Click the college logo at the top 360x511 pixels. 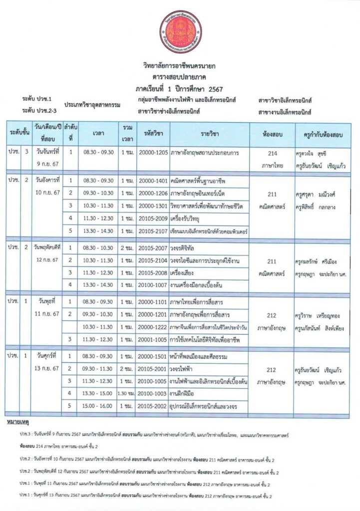click(182, 34)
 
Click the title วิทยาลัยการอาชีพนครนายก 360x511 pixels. click(182, 66)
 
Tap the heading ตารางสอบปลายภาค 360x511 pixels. click(182, 77)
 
